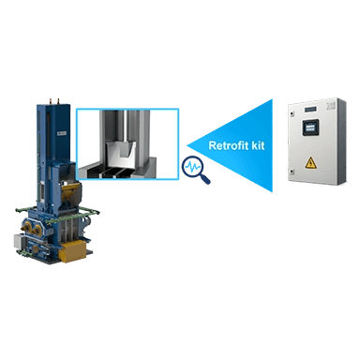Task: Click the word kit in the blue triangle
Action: point(257,145)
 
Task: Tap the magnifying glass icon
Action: point(196,170)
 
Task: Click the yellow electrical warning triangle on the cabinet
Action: point(310,163)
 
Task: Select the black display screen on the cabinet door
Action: point(310,127)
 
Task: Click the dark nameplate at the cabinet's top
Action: point(311,109)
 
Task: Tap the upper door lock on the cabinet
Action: point(291,113)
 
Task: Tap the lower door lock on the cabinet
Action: point(291,172)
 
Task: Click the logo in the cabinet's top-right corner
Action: point(330,106)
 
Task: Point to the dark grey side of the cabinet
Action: point(341,142)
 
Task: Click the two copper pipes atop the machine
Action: point(54,101)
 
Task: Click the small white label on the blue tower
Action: point(62,133)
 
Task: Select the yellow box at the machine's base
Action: point(72,251)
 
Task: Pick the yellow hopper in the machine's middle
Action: point(71,191)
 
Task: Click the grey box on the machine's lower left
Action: point(19,241)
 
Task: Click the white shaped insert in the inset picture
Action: point(121,154)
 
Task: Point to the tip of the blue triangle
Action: point(187,145)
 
